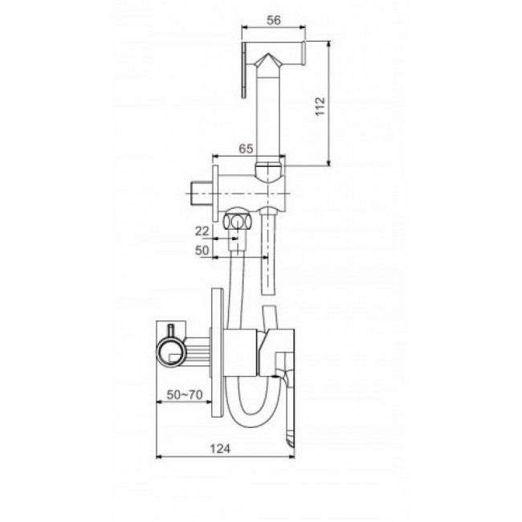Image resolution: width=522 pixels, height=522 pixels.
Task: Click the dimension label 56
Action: pos(274,20)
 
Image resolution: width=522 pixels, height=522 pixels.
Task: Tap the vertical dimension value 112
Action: pos(320,106)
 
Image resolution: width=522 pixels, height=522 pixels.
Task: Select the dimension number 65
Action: pos(246,149)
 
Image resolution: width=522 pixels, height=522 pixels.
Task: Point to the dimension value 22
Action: pos(202,231)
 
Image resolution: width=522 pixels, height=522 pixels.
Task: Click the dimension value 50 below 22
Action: pos(202,251)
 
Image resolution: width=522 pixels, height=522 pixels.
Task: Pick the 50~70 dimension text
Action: pos(185,395)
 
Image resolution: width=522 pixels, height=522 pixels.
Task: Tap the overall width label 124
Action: pos(220,449)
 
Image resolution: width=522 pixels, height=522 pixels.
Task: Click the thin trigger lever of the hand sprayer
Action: pos(244,70)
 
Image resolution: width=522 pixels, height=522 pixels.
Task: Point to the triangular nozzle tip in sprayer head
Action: pos(267,60)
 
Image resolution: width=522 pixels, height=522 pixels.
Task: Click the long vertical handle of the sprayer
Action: pos(269,116)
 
